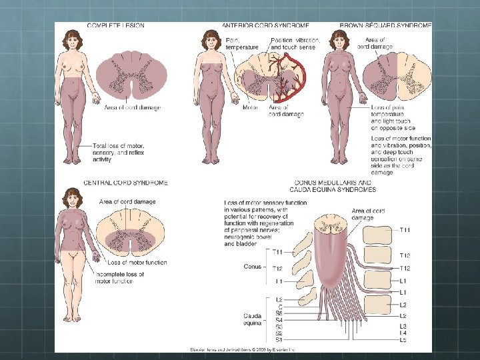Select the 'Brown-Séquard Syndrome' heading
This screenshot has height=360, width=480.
385,25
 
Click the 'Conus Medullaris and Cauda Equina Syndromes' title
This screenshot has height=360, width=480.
333,186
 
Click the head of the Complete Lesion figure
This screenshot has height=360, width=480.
72,39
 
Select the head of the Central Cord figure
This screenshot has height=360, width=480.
71,197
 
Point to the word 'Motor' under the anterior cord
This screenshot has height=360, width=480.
251,107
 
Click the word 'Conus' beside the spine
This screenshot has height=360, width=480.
253,266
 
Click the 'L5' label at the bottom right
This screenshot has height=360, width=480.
403,339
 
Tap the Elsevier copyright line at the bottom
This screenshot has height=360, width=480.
242,349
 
